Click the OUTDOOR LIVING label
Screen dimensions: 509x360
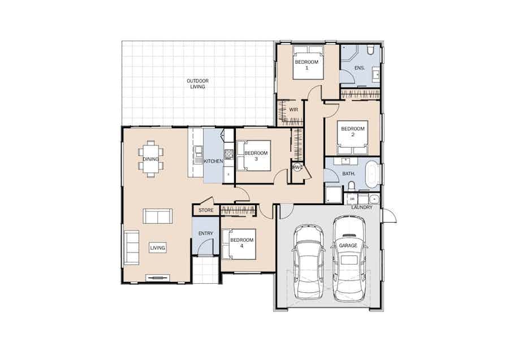197,84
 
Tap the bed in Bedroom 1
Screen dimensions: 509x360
308,62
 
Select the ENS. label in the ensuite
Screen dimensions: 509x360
359,68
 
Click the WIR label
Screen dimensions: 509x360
294,110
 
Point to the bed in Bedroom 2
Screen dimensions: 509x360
352,137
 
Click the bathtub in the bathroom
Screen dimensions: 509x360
372,174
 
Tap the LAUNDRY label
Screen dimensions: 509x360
361,207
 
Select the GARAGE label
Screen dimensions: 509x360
348,245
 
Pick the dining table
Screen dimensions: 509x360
150,159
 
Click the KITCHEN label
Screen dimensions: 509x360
213,161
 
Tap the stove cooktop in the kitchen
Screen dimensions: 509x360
229,154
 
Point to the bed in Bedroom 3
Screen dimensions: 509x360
253,155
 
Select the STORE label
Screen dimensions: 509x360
206,210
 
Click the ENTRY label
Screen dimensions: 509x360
206,233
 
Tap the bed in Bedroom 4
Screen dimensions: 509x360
239,244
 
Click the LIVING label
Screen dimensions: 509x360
157,248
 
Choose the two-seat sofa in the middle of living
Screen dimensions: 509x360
157,216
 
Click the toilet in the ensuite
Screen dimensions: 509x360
370,50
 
